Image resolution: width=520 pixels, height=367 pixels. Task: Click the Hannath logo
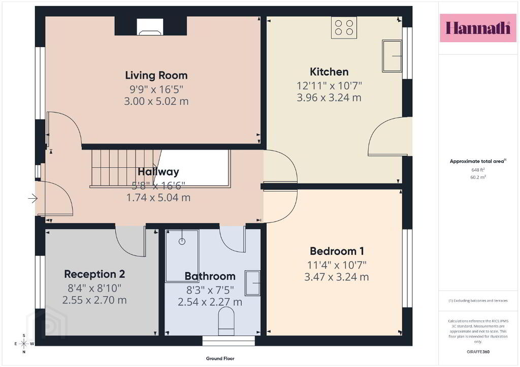click(x=478, y=28)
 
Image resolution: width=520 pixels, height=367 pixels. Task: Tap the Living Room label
click(x=156, y=76)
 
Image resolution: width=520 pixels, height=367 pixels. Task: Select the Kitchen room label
click(x=329, y=72)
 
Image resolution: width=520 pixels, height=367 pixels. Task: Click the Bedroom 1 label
click(x=337, y=251)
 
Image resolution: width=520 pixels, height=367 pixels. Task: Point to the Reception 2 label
click(x=94, y=274)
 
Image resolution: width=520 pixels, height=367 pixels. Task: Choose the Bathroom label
click(x=210, y=276)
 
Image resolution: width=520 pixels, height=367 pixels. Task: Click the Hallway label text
click(x=158, y=171)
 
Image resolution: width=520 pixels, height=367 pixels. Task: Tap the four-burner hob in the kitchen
click(x=344, y=27)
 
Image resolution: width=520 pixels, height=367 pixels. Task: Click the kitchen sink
click(x=392, y=56)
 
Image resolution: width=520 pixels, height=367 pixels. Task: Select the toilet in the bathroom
click(x=226, y=321)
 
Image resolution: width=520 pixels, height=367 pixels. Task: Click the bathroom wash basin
click(x=252, y=283)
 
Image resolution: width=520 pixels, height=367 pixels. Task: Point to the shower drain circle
click(x=182, y=242)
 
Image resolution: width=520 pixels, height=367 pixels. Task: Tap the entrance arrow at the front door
click(x=32, y=199)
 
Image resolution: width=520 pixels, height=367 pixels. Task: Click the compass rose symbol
click(x=24, y=344)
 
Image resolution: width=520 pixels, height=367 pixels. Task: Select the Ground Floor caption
click(x=220, y=358)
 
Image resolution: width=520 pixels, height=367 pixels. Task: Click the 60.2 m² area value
click(x=478, y=177)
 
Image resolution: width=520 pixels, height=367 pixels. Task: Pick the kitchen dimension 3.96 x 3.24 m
click(x=329, y=98)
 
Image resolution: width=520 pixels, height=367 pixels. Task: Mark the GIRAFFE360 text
click(x=478, y=352)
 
